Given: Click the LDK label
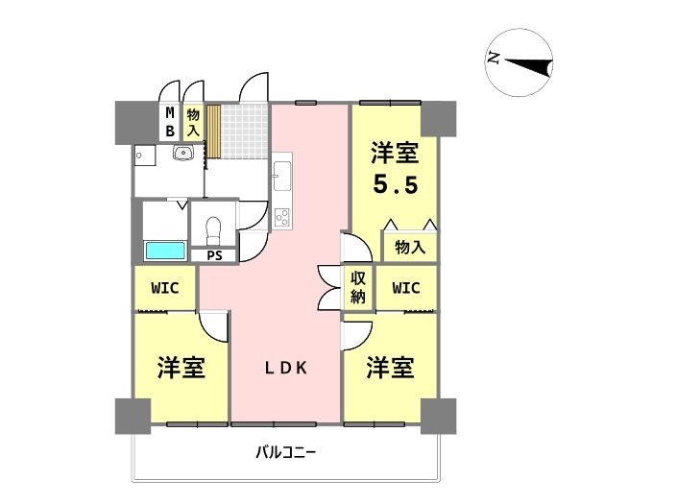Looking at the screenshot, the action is click(286, 368).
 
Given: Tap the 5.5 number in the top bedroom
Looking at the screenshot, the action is click(396, 184).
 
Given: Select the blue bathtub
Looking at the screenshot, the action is click(165, 251).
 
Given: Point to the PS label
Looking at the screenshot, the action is click(214, 255).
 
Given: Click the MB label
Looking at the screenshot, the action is click(170, 122).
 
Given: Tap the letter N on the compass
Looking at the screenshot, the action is click(494, 58).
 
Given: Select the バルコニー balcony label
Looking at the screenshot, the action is click(286, 453).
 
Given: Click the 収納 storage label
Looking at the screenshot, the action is click(358, 288).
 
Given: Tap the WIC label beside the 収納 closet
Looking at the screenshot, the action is click(406, 288).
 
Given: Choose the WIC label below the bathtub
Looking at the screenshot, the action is click(165, 288).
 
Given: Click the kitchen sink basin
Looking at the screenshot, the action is click(282, 176).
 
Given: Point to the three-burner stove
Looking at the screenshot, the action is click(282, 217).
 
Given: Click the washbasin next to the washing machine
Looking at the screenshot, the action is click(184, 153).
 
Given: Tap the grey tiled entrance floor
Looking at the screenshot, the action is click(243, 131).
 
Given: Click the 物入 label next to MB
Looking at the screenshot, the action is click(193, 122).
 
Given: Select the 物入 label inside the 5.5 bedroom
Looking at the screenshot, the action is click(410, 248).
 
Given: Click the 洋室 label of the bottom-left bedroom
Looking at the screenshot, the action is click(181, 368).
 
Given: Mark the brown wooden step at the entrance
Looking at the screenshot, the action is click(213, 131).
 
